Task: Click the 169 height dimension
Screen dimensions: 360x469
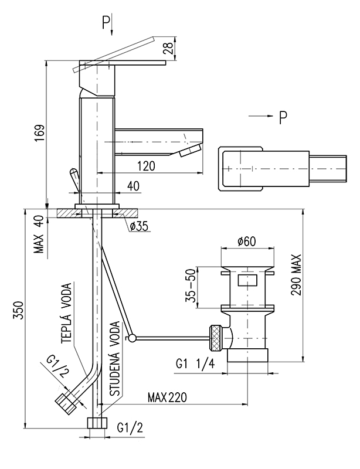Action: click(x=39, y=133)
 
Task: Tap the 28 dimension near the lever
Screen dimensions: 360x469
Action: click(x=168, y=47)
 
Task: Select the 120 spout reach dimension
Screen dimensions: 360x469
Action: click(x=147, y=166)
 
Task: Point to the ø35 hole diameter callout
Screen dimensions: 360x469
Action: click(x=139, y=226)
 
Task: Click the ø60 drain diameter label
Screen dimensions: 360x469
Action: click(x=247, y=241)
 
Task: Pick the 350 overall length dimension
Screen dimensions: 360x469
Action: click(x=19, y=310)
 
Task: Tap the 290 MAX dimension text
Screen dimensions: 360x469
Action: click(x=296, y=275)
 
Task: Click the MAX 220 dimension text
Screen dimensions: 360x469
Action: click(x=167, y=397)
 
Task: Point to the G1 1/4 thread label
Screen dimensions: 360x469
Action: click(x=195, y=363)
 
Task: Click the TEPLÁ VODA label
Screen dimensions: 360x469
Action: click(x=66, y=312)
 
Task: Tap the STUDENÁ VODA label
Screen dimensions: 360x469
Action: click(x=114, y=359)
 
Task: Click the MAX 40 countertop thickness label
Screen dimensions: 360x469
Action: click(x=39, y=235)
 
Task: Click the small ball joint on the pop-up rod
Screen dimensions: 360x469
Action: click(x=132, y=338)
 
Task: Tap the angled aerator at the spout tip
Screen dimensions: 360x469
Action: click(x=191, y=149)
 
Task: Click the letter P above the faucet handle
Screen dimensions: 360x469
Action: click(x=106, y=23)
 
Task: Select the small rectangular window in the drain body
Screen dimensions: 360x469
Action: click(x=247, y=281)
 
